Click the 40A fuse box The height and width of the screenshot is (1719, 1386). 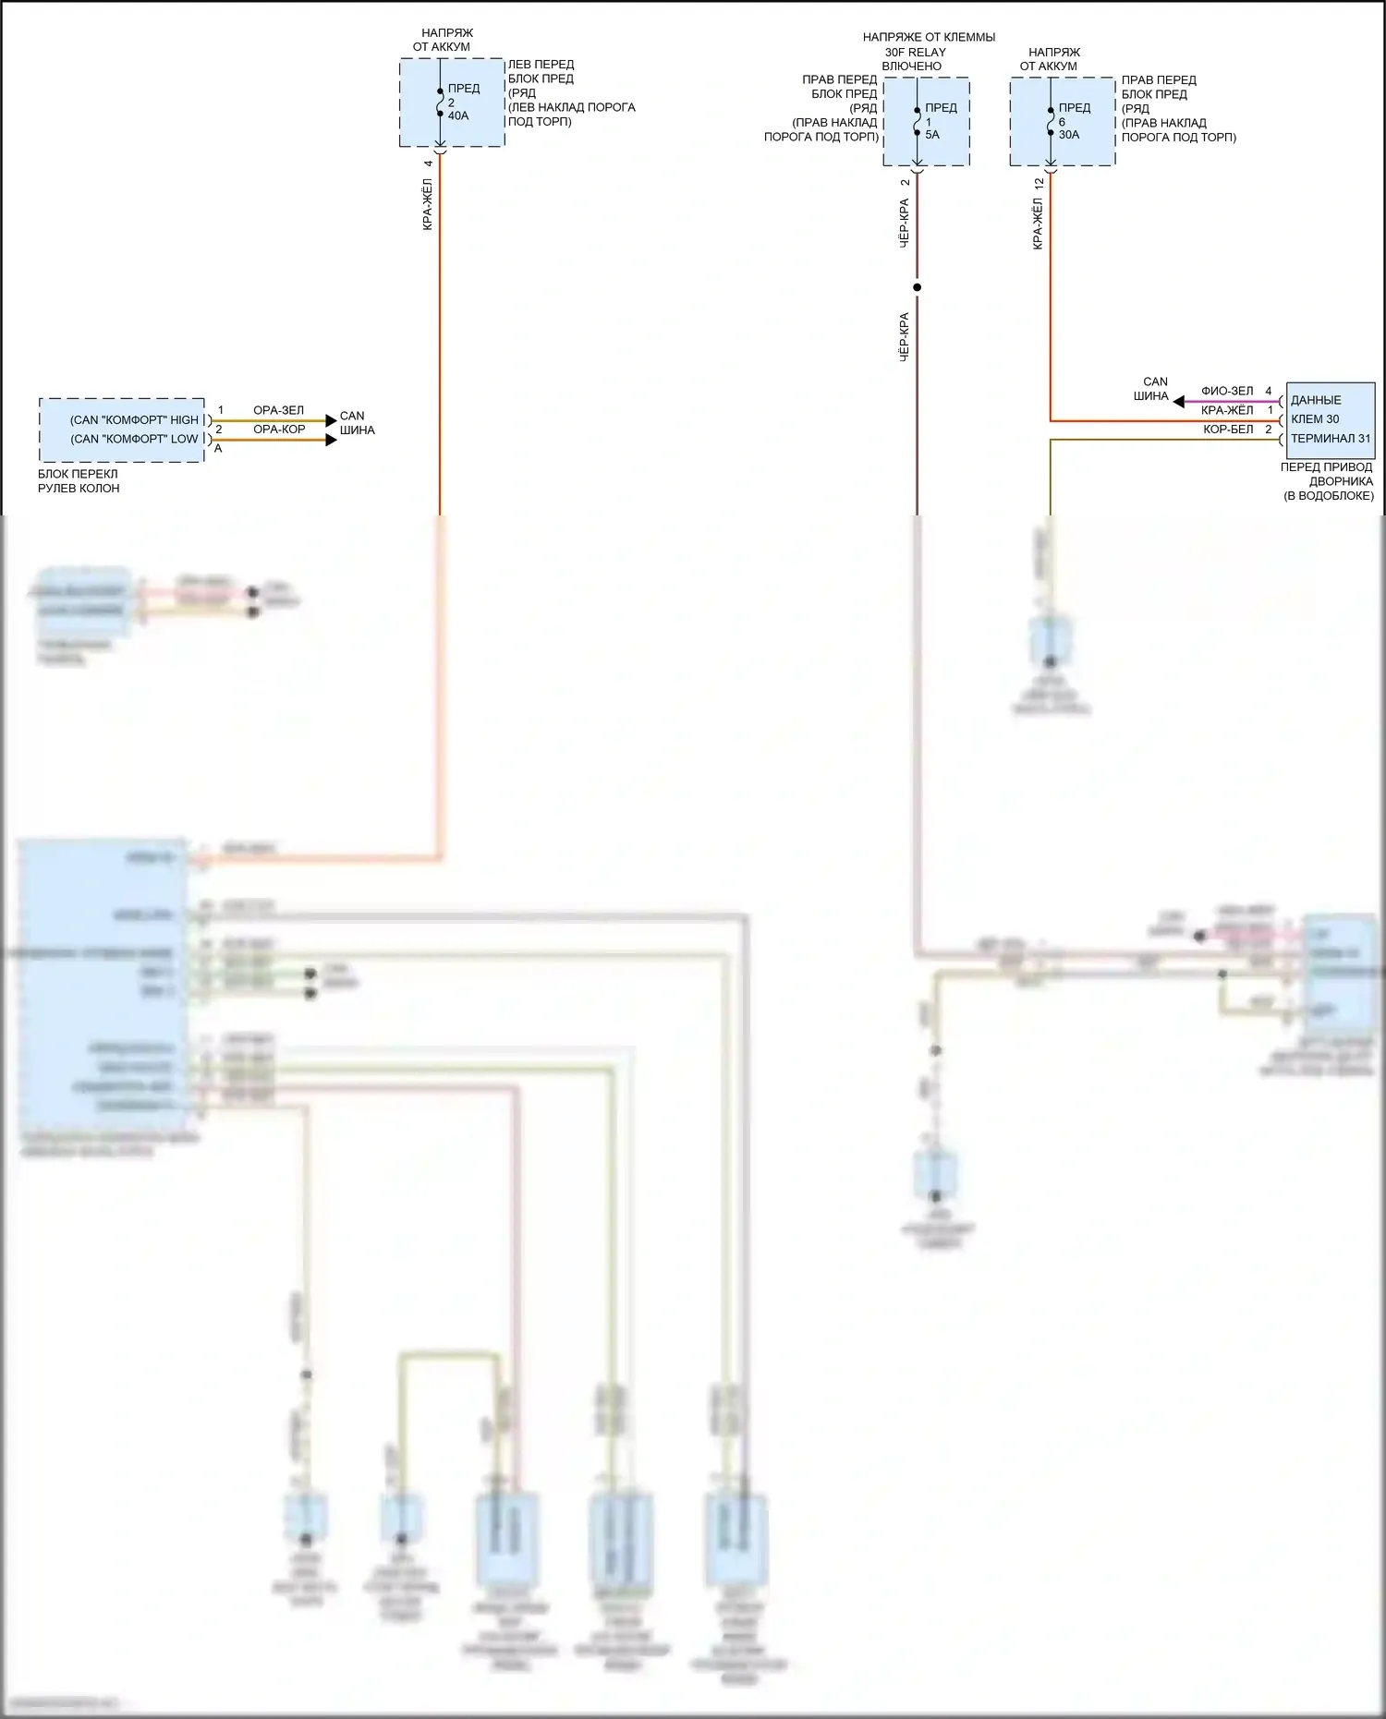[x=452, y=103]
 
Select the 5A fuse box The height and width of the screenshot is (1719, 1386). [x=926, y=122]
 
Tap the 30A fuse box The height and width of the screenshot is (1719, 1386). [x=1062, y=122]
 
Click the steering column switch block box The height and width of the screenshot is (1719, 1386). [x=121, y=430]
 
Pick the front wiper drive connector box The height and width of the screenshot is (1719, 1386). [x=1330, y=420]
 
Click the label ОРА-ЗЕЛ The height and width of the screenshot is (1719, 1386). [x=278, y=410]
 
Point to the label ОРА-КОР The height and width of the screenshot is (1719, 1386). [x=279, y=430]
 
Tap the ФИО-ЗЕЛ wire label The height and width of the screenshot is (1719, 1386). [x=1227, y=391]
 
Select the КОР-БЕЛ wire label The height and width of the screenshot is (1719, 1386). [x=1228, y=430]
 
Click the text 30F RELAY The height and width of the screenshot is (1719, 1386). [x=915, y=52]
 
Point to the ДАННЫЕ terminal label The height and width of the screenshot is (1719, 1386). [x=1316, y=400]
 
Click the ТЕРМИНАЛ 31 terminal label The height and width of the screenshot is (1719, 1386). [x=1331, y=439]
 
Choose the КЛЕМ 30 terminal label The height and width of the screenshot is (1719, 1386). [x=1315, y=419]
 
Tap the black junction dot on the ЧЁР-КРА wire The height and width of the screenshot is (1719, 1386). [x=917, y=287]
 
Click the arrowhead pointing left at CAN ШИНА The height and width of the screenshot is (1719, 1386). [x=1178, y=402]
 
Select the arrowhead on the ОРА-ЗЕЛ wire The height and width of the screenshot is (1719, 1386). [x=331, y=421]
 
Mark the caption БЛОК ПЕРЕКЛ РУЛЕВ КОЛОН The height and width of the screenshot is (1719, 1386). [x=79, y=481]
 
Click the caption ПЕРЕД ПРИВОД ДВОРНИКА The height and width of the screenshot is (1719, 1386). [x=1328, y=474]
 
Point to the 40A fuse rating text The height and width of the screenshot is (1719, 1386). [x=458, y=116]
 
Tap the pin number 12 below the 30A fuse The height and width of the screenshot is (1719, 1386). [x=1039, y=184]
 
